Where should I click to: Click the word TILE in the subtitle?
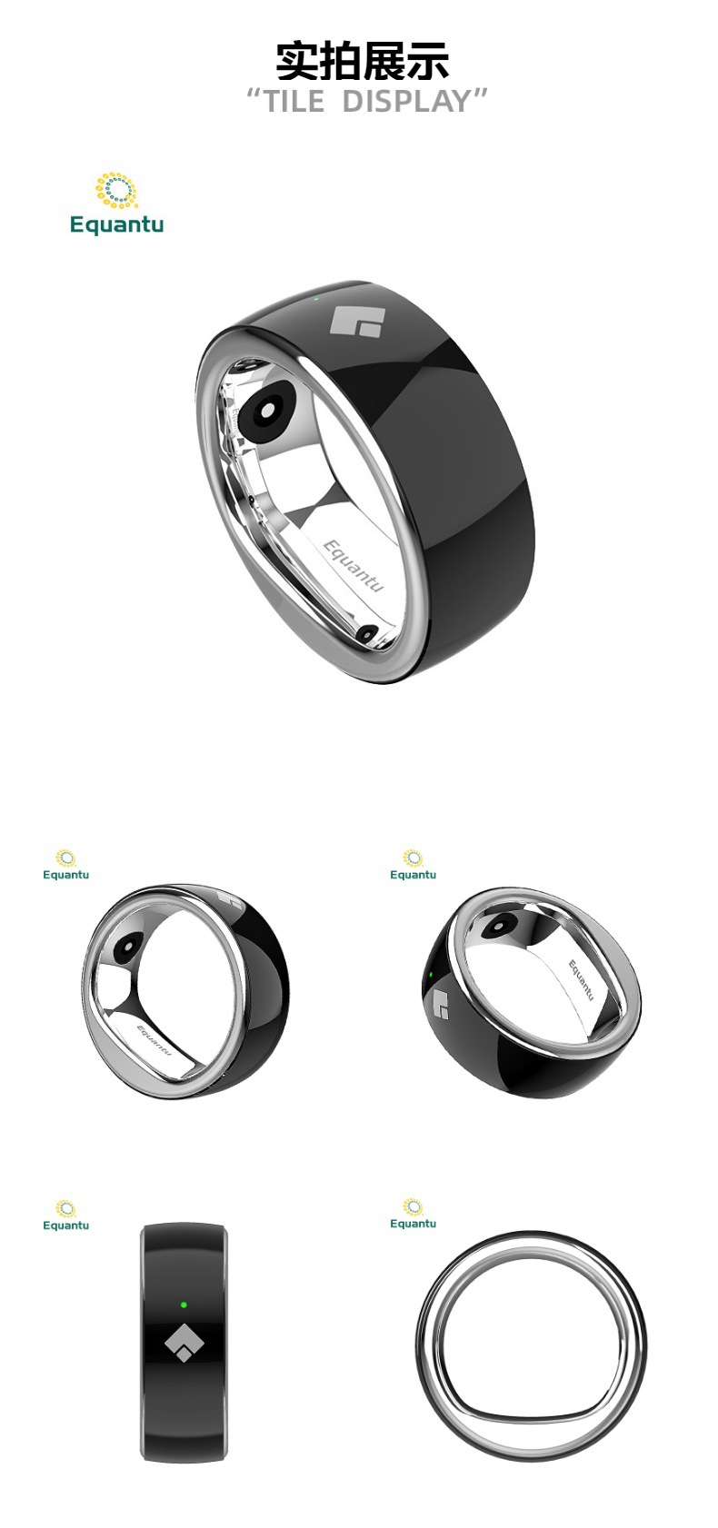tap(293, 102)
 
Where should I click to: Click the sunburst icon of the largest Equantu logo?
tap(116, 191)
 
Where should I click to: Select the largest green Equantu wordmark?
tap(116, 224)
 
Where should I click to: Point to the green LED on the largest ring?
tap(315, 296)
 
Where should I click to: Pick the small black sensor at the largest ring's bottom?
tap(368, 633)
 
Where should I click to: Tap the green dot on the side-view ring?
tap(184, 1305)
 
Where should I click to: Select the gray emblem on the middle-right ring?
tap(442, 1003)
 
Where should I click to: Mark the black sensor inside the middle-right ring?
tap(497, 926)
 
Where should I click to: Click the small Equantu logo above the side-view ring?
tap(65, 1215)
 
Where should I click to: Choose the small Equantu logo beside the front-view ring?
tap(413, 1214)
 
